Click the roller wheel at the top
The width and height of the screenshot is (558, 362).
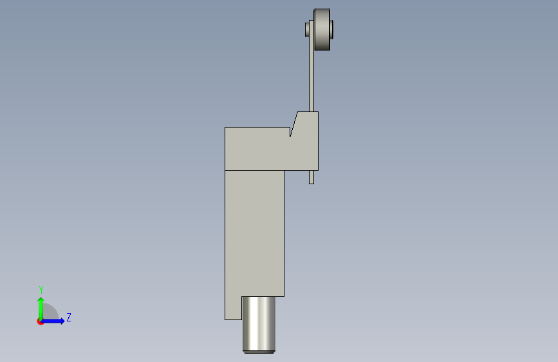(x=322, y=30)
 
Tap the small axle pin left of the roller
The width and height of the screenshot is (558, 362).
(x=307, y=29)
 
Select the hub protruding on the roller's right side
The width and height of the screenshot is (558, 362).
(x=331, y=29)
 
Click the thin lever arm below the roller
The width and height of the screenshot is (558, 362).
(x=312, y=66)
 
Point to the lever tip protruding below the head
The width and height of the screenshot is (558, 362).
(x=312, y=177)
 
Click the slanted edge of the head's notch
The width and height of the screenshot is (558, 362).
(x=294, y=124)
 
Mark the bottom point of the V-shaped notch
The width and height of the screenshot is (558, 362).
(x=290, y=137)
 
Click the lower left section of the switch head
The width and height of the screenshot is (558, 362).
(x=257, y=149)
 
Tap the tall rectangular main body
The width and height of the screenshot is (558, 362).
(x=254, y=233)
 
